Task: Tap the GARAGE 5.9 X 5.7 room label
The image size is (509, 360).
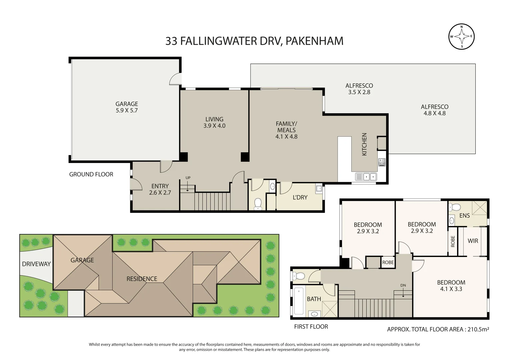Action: point(127,107)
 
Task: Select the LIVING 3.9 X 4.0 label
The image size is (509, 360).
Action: point(214,122)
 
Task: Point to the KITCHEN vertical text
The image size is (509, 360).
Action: point(364,144)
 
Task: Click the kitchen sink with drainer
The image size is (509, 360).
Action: point(366,177)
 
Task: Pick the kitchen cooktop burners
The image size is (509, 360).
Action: point(382,162)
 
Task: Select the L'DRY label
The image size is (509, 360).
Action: point(300,197)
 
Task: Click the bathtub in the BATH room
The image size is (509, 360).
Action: point(299,301)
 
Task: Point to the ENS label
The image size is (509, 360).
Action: point(464,215)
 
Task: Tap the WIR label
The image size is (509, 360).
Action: point(473,241)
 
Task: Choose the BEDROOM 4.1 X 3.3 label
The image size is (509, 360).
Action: point(451,286)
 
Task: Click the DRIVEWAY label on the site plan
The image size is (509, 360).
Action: point(36,264)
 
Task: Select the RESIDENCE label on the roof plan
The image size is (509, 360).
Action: point(142,279)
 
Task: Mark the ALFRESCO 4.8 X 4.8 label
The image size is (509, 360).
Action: point(434,110)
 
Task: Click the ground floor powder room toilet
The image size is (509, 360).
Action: point(258,204)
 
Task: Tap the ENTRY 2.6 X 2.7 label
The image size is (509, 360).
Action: point(160,189)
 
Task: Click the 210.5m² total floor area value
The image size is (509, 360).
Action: point(478,329)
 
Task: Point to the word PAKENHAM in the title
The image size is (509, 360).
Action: point(314,41)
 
